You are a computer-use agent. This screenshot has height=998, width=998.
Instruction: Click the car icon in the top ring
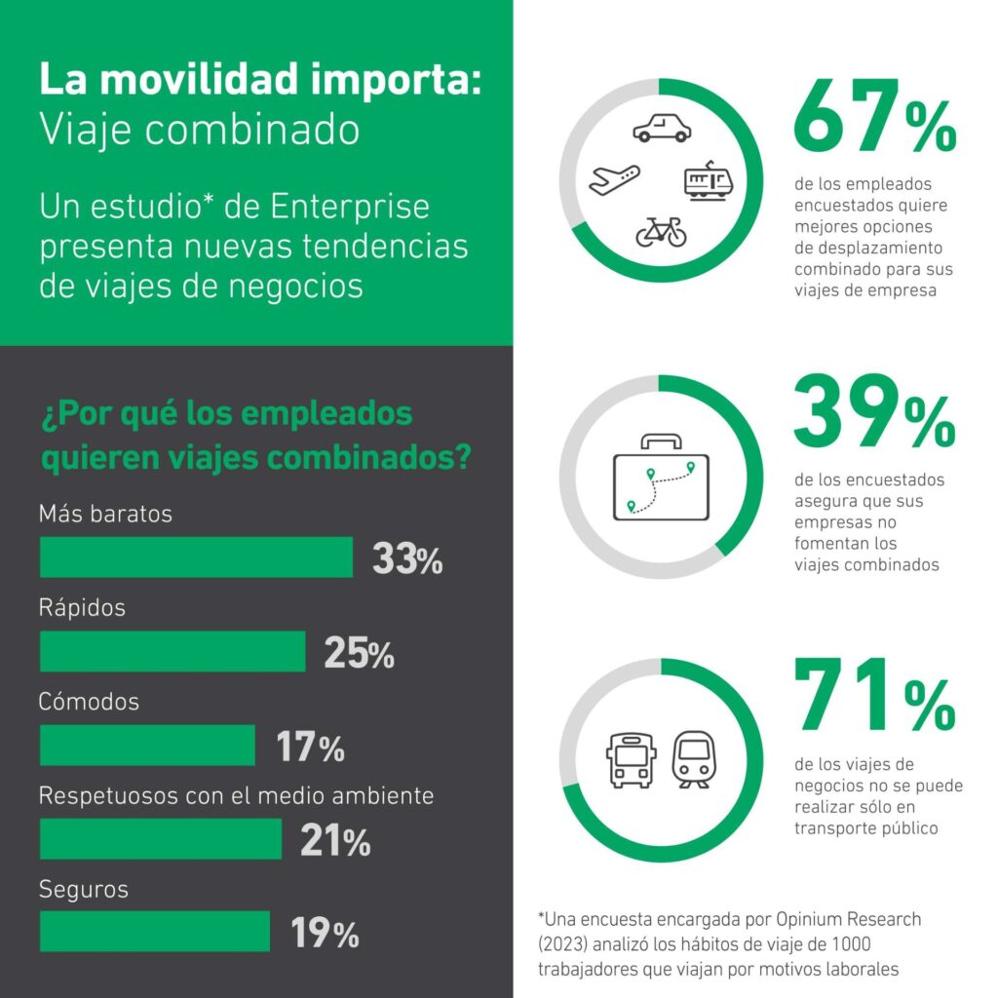pyautogui.click(x=662, y=128)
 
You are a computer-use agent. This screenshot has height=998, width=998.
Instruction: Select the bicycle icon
pyautogui.click(x=662, y=231)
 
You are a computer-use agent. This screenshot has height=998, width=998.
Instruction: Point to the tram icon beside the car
pyautogui.click(x=709, y=180)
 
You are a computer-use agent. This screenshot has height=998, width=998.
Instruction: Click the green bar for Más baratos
pyautogui.click(x=196, y=557)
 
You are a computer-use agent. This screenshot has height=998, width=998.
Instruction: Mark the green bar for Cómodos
pyautogui.click(x=147, y=746)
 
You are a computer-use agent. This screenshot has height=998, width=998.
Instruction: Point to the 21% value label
pyautogui.click(x=335, y=841)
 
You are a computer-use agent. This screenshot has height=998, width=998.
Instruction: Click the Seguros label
pyautogui.click(x=84, y=889)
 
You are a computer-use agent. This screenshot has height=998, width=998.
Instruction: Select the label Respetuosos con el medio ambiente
pyautogui.click(x=236, y=795)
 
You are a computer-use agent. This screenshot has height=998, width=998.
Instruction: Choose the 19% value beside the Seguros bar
pyautogui.click(x=326, y=935)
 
